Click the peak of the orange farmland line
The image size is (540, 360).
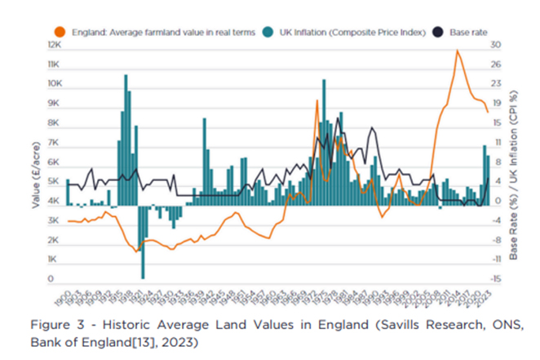[457, 51]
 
